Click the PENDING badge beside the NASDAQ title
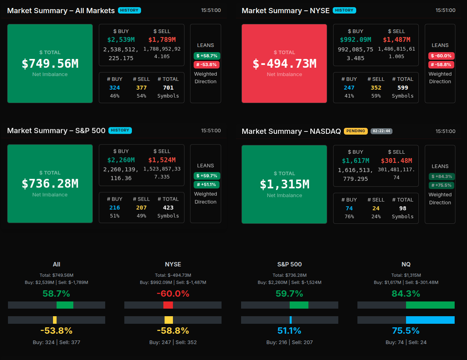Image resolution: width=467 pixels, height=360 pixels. pos(355,131)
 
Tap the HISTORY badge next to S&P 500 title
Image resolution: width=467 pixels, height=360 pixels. pos(120,130)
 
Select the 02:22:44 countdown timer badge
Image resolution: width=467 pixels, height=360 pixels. pos(381,131)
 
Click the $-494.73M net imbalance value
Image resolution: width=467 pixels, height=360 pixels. pos(285,64)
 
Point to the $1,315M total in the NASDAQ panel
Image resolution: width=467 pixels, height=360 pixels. pos(285,184)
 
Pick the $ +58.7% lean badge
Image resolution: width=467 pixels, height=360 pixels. pos(207,56)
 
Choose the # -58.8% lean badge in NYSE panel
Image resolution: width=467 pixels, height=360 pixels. pos(441,65)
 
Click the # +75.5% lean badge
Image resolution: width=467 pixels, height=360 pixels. pos(441,185)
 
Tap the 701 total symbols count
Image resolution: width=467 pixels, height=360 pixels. pos(168,88)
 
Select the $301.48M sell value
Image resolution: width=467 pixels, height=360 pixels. pos(396,160)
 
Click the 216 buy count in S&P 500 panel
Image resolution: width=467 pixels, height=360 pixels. pos(115,207)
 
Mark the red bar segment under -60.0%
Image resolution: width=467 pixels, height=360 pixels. pos(168,305)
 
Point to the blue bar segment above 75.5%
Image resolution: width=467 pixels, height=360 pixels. pos(430,320)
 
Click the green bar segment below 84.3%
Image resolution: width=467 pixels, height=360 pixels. pos(430,305)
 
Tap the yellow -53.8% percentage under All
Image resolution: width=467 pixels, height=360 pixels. pos(57,331)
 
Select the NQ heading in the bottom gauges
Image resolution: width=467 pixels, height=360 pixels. pos(406,264)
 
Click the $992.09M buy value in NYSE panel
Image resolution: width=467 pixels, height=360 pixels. pos(355,40)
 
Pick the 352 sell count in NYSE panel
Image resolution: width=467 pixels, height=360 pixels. pos(376,88)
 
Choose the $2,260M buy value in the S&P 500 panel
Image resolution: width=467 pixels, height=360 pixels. pos(121,160)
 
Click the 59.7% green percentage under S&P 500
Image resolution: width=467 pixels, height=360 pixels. pos(289,294)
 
